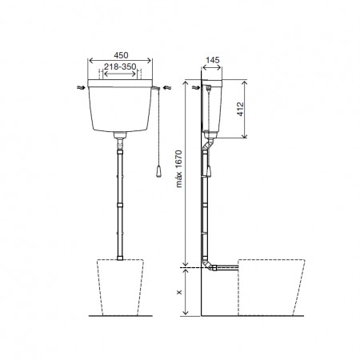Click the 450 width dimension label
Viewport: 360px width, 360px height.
(121, 55)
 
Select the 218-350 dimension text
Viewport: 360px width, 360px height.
(120, 66)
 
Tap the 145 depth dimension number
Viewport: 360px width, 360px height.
(213, 60)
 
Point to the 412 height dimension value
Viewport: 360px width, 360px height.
(240, 109)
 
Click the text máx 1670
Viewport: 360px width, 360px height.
(179, 169)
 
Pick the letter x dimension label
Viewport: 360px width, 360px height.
(179, 292)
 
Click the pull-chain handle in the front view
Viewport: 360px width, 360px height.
(158, 171)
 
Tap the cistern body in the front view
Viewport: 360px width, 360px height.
(120, 110)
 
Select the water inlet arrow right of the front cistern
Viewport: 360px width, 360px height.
(167, 87)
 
